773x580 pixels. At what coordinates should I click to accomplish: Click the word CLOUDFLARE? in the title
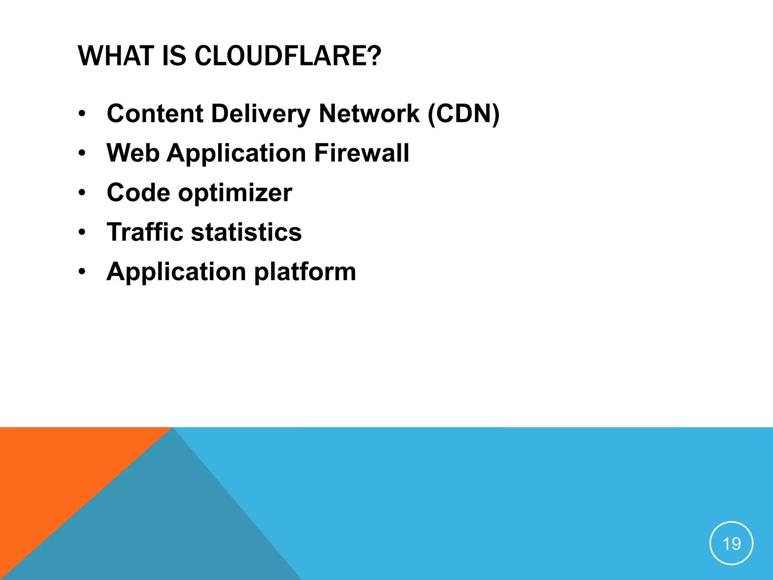288,56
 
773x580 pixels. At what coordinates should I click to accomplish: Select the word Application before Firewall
236,154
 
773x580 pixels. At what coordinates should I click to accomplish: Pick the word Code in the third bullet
139,193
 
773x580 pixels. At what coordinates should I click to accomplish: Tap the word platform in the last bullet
305,272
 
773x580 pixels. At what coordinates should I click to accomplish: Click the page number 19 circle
731,543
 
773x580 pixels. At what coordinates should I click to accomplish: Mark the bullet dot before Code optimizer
82,193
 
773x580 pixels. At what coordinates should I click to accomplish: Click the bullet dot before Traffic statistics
82,233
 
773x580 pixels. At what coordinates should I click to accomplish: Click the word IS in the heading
174,56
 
